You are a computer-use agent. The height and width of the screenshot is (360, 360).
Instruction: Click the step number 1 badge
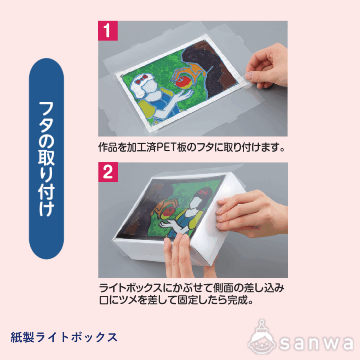tap(108, 31)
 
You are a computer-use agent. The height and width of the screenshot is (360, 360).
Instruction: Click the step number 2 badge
tap(108, 172)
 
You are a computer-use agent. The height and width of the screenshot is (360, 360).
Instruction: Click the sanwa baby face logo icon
tap(262, 340)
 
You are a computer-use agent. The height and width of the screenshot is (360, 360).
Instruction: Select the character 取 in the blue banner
tap(46, 158)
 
